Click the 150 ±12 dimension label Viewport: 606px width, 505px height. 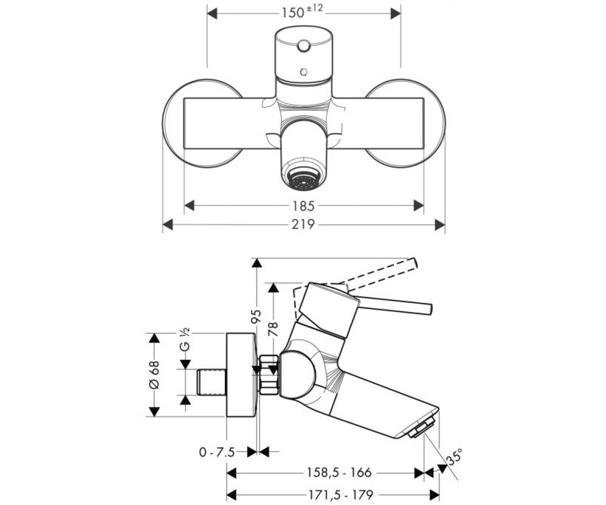(x=302, y=12)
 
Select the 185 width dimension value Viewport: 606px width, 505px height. (x=304, y=206)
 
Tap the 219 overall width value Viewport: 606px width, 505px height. (x=304, y=224)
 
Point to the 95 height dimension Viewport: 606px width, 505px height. (x=257, y=316)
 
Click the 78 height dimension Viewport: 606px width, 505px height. (x=273, y=329)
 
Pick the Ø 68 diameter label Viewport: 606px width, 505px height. (x=155, y=374)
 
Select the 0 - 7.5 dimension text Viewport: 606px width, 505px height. (x=217, y=452)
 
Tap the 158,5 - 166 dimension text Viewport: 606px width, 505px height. (x=339, y=473)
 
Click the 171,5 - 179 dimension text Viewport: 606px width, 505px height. (x=341, y=494)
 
